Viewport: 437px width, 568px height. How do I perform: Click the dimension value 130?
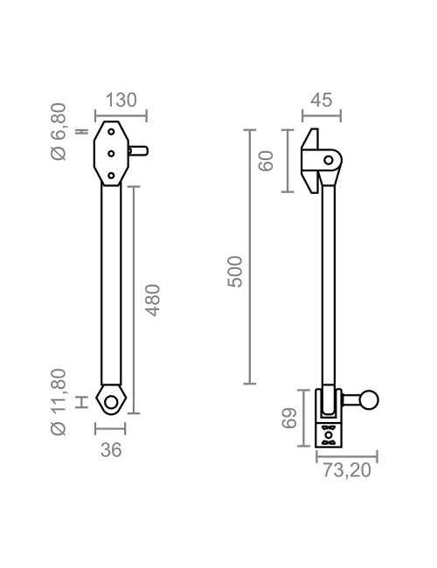click(121, 100)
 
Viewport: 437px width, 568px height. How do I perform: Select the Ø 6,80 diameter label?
click(59, 132)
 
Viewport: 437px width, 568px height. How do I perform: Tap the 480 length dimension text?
click(152, 299)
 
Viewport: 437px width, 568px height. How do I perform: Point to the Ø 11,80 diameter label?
click(59, 401)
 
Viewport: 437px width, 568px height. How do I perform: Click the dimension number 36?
click(110, 450)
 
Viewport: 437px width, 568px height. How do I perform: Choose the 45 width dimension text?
click(321, 100)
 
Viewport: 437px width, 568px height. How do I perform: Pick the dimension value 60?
click(267, 161)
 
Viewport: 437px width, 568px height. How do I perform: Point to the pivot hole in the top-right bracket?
click(329, 159)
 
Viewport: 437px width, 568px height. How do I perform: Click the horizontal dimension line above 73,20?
click(346, 456)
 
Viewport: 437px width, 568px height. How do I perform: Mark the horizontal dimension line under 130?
click(121, 114)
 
